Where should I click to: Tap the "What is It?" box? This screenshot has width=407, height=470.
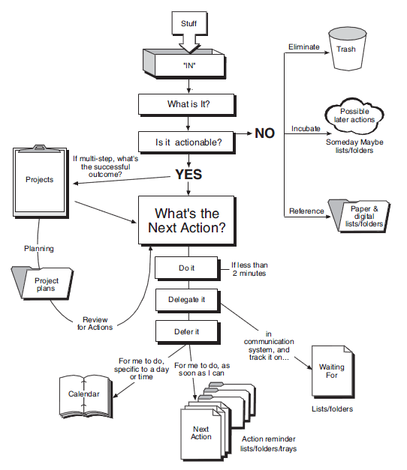188,104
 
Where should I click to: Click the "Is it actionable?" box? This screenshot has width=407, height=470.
188,140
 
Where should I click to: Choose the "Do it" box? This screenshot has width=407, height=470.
186,268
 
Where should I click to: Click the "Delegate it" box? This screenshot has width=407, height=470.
186,300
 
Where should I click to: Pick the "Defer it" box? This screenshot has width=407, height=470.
186,331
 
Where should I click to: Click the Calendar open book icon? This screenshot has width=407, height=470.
85,393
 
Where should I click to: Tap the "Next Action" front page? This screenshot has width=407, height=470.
201,433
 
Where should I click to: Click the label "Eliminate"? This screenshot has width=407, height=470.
304,47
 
